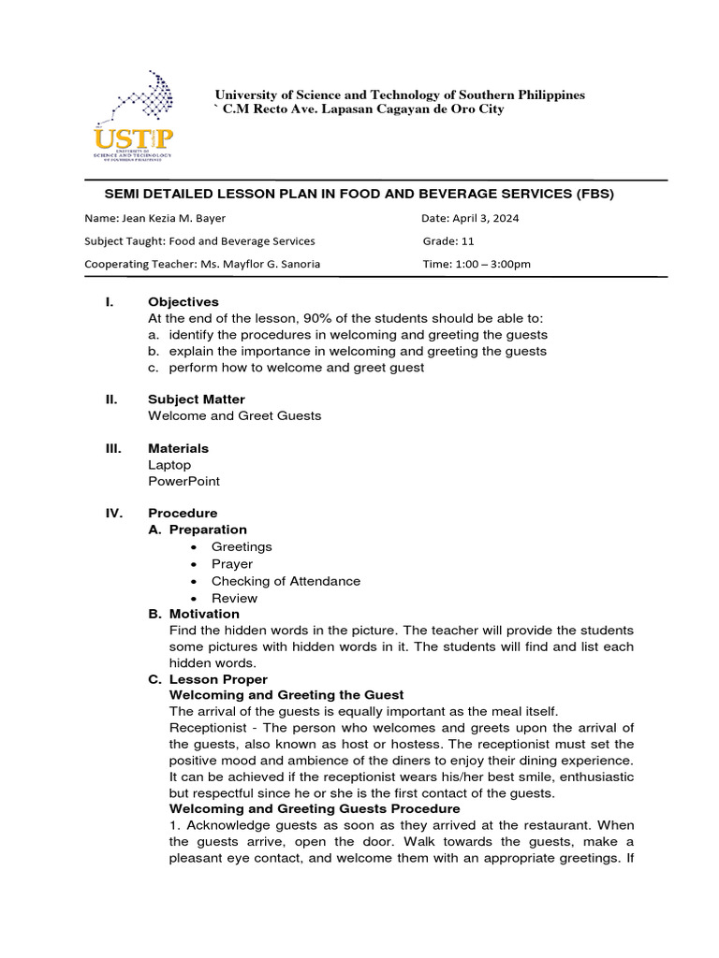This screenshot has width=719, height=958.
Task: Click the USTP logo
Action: click(x=133, y=118)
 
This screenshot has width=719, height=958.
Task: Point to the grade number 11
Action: click(x=468, y=241)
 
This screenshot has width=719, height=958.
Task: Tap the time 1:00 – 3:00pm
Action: click(x=492, y=264)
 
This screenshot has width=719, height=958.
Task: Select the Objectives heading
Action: click(x=183, y=302)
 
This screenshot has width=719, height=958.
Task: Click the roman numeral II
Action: click(x=110, y=399)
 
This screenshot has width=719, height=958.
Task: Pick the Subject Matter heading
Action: click(x=197, y=399)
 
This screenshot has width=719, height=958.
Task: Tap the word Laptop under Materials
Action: click(x=169, y=465)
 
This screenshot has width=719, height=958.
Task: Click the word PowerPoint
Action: click(x=184, y=482)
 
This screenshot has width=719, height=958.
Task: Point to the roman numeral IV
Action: click(x=111, y=514)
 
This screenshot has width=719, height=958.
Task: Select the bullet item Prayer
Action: click(x=232, y=564)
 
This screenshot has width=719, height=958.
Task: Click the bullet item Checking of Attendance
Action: click(x=286, y=581)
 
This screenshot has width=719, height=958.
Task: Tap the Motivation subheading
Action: click(x=204, y=614)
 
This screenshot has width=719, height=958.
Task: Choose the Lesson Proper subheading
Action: click(x=218, y=679)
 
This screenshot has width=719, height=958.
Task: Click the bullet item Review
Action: click(x=234, y=598)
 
